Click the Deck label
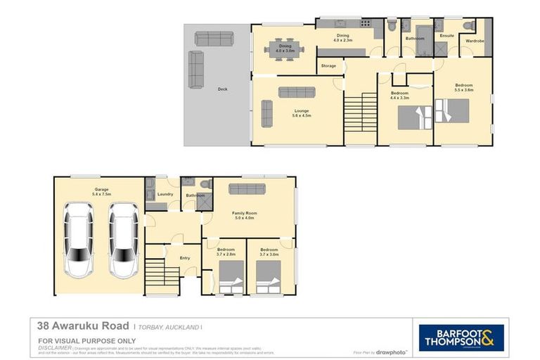[x=222, y=89]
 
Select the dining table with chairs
[x=285, y=50]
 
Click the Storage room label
[x=328, y=66]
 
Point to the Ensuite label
[x=446, y=35]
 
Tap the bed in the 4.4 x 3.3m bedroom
[x=415, y=117]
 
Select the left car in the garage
[x=79, y=239]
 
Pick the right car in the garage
[x=124, y=239]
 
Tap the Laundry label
[x=165, y=194]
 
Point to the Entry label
[x=185, y=258]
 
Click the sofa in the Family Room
[x=247, y=188]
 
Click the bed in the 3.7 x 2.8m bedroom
[x=231, y=276]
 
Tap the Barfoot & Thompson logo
[x=461, y=337]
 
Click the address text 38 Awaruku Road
[x=83, y=326]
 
